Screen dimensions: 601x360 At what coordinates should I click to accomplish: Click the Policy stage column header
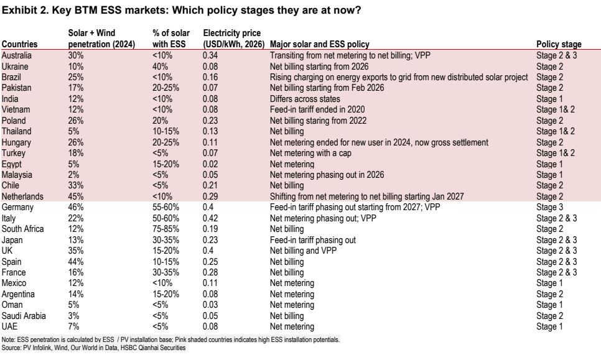tap(559, 44)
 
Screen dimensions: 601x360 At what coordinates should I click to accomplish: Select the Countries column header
tap(19, 44)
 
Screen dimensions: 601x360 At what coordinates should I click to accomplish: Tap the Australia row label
tap(16, 55)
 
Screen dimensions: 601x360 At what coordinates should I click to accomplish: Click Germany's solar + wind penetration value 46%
tap(75, 207)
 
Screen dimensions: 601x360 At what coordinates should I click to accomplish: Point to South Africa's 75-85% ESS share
tap(165, 229)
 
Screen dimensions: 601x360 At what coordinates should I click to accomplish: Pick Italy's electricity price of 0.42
tap(210, 218)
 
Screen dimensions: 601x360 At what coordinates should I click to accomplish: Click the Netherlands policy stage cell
tap(549, 196)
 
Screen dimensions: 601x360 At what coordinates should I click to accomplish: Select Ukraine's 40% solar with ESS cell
tap(160, 67)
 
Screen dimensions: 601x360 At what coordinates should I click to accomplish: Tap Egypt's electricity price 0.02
tap(210, 164)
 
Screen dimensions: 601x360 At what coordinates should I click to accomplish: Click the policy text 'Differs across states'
tap(305, 99)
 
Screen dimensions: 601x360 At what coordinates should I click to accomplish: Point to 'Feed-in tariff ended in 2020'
tap(317, 109)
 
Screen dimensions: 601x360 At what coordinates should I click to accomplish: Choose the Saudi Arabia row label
tap(24, 316)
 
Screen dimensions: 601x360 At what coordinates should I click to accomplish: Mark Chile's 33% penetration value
tap(75, 185)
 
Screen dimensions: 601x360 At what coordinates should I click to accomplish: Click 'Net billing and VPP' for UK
tap(303, 251)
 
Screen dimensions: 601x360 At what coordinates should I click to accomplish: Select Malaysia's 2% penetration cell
tap(73, 175)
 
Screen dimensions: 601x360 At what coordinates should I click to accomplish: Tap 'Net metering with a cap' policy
tap(310, 153)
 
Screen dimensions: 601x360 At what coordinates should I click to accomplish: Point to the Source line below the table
tap(93, 348)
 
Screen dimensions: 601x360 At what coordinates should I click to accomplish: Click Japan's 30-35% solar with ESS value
tap(165, 240)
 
